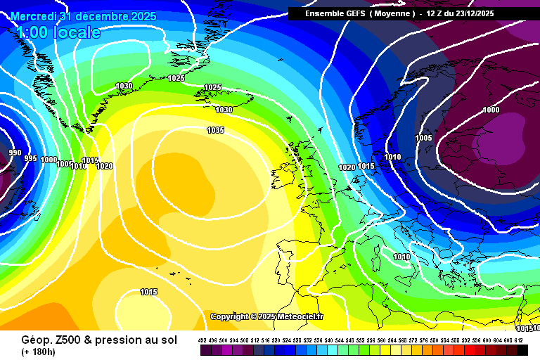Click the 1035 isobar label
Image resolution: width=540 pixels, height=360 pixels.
(x=216, y=130)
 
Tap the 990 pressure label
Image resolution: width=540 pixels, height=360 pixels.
(x=14, y=153)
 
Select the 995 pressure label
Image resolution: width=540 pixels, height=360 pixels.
(x=30, y=158)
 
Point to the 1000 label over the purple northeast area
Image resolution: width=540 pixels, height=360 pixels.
(x=491, y=110)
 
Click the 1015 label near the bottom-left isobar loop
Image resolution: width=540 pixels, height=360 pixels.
(x=148, y=292)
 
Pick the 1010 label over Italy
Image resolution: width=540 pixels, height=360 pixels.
(x=401, y=257)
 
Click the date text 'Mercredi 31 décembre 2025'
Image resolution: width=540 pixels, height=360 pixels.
(x=83, y=15)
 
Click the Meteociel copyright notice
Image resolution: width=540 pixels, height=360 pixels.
(x=267, y=316)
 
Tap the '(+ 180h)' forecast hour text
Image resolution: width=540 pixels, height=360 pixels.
(x=39, y=352)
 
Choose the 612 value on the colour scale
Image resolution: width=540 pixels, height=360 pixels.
(x=520, y=340)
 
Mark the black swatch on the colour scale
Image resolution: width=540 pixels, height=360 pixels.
(x=522, y=350)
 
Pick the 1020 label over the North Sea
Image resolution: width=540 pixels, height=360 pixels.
(x=347, y=167)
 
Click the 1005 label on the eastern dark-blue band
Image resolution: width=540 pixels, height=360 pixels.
(x=423, y=138)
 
